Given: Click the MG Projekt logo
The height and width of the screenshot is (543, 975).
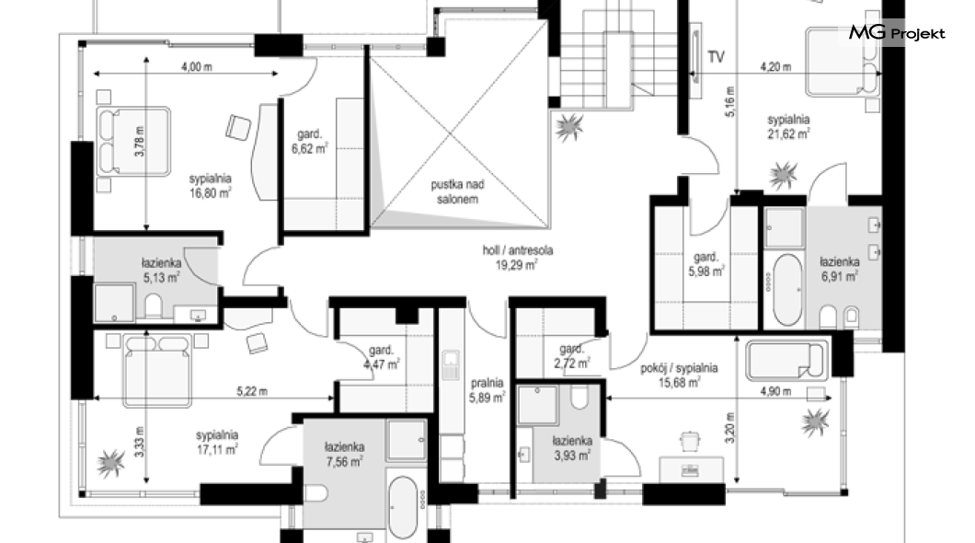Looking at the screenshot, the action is [897, 33].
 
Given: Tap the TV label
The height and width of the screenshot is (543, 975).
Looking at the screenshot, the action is [717, 57].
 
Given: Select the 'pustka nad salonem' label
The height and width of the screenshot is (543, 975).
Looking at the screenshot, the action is [458, 191].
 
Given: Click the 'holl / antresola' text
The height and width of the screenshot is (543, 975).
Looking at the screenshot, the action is [518, 250].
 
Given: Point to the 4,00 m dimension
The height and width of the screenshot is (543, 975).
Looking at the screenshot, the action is [197, 66].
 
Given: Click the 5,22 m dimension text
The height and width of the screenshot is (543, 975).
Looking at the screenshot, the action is [252, 391].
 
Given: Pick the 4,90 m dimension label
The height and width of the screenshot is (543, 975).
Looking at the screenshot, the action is [776, 391].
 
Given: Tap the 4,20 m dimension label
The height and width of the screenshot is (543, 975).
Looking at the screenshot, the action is [776, 66].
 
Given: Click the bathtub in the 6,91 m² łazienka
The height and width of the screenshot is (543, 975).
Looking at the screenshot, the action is [786, 289].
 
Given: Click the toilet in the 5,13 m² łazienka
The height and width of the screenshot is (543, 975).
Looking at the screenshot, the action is [153, 306].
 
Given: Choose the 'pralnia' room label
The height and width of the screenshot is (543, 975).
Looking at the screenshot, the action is [487, 383].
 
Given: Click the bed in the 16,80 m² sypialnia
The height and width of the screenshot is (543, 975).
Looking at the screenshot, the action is [133, 141].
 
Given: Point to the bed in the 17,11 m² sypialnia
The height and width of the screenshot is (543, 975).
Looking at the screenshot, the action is [156, 371].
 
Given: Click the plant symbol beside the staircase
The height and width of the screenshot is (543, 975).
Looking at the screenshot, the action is [568, 128].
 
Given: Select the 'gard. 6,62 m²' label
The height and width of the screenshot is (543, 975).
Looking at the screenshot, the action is [309, 141].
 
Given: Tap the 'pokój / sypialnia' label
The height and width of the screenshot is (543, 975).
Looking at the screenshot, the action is [679, 368].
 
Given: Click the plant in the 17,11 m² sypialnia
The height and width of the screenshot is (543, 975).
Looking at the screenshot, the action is [111, 463].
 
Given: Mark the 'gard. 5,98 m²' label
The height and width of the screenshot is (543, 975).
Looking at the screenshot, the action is [706, 264].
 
